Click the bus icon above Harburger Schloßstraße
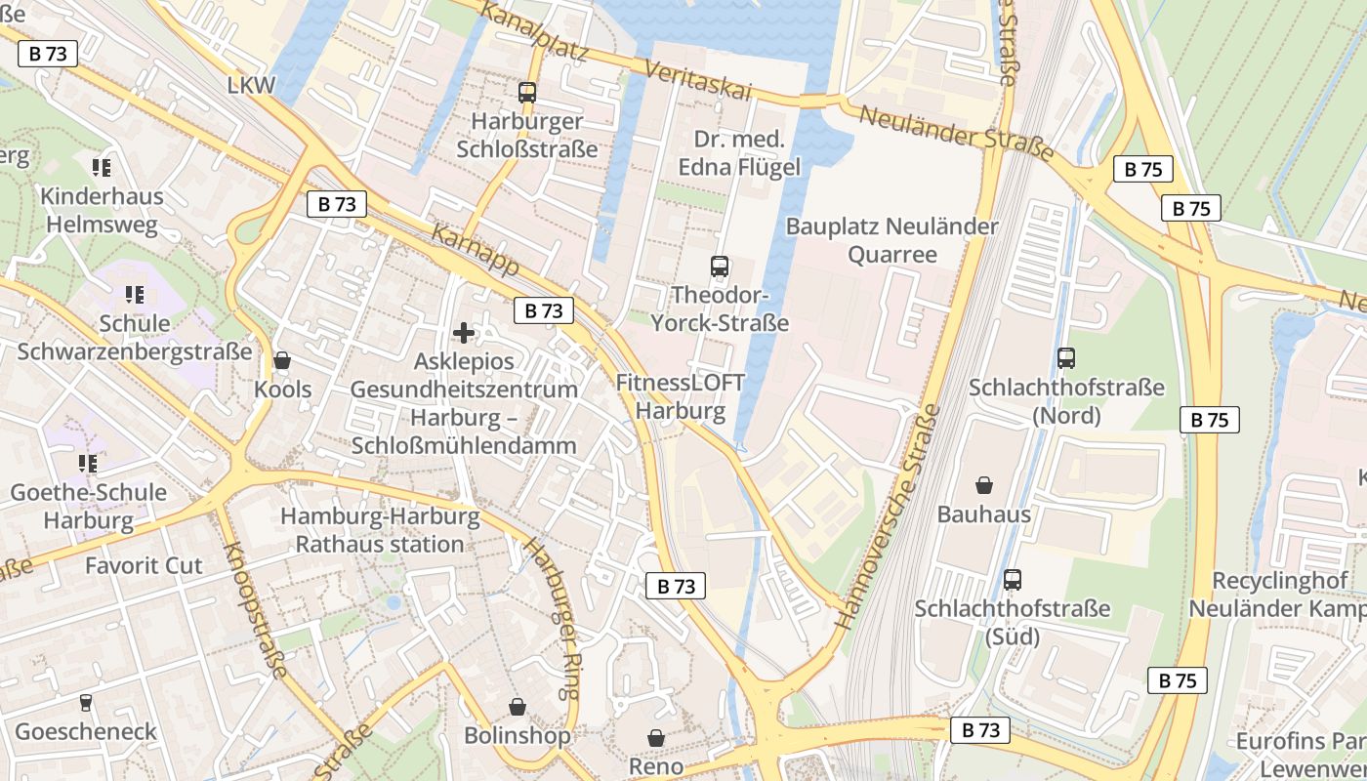[x=527, y=93]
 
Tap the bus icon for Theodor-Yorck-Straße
[x=720, y=266]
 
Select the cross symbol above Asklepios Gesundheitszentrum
[x=464, y=333]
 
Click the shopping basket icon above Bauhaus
[x=984, y=485]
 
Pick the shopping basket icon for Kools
[x=282, y=361]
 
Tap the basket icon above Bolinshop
[x=517, y=707]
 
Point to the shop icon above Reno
[x=656, y=738]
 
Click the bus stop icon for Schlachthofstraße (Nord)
[x=1066, y=358]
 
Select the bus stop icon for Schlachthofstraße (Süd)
[x=1013, y=580]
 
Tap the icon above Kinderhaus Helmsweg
[x=102, y=168]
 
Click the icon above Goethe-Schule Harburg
[x=88, y=464]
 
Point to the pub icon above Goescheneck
[x=86, y=703]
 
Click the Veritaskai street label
[x=698, y=77]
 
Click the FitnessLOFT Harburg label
[x=681, y=396]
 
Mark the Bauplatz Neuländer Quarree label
[x=891, y=240]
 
